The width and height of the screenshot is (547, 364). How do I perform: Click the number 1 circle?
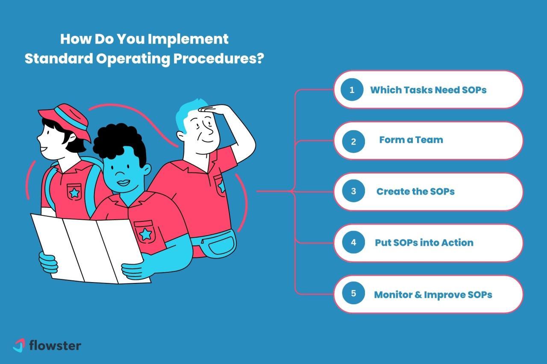352,90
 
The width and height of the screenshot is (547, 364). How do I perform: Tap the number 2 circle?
353,141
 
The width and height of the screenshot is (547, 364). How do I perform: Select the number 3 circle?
353,192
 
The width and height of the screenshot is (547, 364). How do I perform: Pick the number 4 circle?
353,243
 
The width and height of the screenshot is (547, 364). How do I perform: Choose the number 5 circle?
353,294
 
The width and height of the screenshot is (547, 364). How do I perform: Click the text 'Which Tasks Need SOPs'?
428,90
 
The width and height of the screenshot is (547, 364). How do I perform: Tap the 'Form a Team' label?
411,140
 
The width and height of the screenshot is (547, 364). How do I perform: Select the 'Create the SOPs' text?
415,192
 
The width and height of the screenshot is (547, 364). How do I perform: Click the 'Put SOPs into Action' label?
424,243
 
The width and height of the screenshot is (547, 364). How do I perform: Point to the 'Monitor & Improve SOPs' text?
433,294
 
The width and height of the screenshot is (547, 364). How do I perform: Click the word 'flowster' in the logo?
55,345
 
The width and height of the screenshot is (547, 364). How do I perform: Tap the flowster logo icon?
19,345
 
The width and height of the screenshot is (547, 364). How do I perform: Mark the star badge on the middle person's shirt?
145,233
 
